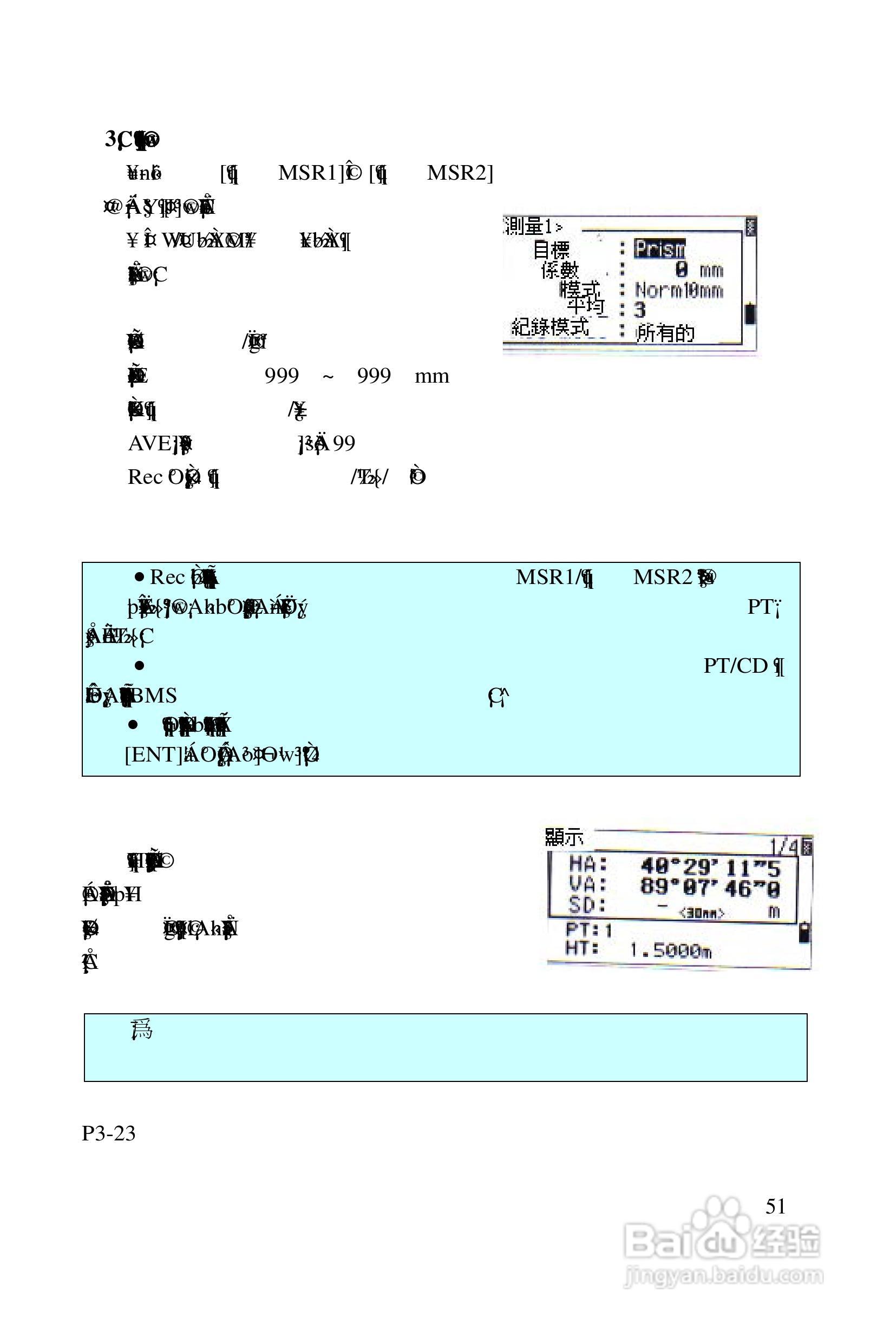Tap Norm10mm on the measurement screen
click(x=678, y=290)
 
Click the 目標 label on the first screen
click(x=551, y=250)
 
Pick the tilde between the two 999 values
click(x=328, y=376)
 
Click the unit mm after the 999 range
click(x=432, y=376)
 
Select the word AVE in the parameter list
click(x=149, y=443)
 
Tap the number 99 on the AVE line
click(x=344, y=443)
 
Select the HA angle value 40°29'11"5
click(x=710, y=867)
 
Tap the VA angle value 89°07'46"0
click(x=710, y=888)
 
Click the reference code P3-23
click(x=108, y=1133)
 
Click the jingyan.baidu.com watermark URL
click(x=723, y=1276)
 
